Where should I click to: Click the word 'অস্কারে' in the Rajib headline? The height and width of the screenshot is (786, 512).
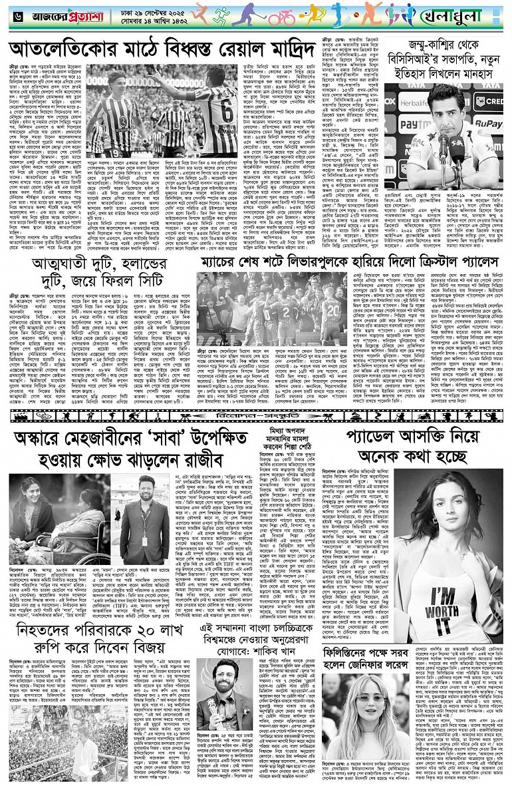[46, 442]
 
